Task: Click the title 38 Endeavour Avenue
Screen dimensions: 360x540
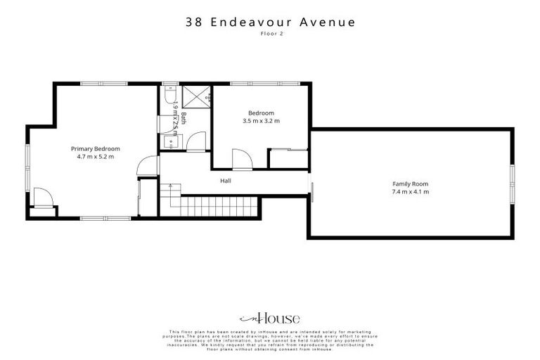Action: pyautogui.click(x=270, y=22)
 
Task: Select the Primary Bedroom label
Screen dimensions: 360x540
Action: pyautogui.click(x=96, y=149)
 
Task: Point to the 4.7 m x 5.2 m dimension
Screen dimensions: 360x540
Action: pyautogui.click(x=96, y=157)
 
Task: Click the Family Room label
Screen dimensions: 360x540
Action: pyautogui.click(x=411, y=184)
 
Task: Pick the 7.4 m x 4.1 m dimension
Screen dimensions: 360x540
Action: pyautogui.click(x=411, y=191)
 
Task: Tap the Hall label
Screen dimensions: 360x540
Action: pyautogui.click(x=226, y=181)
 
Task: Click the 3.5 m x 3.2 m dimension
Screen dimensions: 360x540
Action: pyautogui.click(x=261, y=121)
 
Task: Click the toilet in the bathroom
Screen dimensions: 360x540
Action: pyautogui.click(x=169, y=94)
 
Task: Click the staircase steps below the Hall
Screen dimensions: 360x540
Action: pyautogui.click(x=211, y=207)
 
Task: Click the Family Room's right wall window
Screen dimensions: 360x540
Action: pyautogui.click(x=513, y=184)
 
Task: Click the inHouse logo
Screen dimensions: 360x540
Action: pyautogui.click(x=270, y=317)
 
